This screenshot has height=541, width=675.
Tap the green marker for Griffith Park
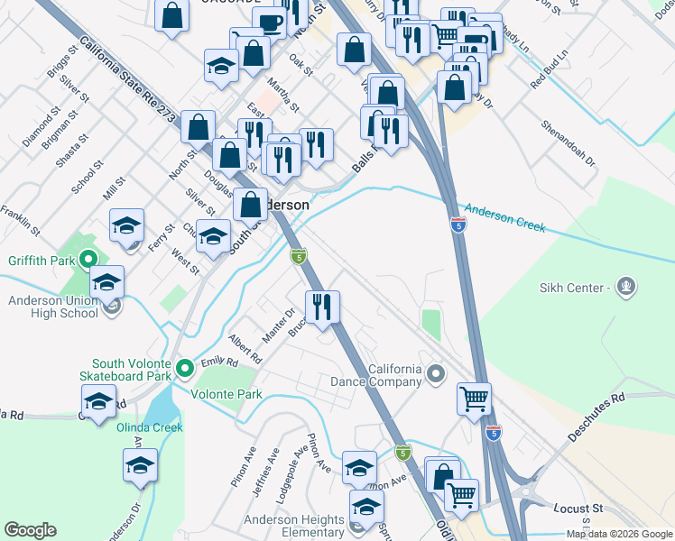pyautogui.click(x=88, y=262)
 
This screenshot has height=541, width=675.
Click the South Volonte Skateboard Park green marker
pyautogui.click(x=184, y=368)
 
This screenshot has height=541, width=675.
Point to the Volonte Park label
pyautogui.click(x=227, y=394)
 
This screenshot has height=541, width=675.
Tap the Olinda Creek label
pyautogui.click(x=150, y=427)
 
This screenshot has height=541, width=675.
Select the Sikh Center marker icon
pyautogui.click(x=627, y=288)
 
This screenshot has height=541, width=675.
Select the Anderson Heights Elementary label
pyautogui.click(x=293, y=527)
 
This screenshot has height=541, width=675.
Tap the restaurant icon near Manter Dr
pyautogui.click(x=321, y=307)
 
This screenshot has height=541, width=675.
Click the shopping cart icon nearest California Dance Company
pyautogui.click(x=474, y=397)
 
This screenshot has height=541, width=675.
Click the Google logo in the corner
pyautogui.click(x=30, y=529)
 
